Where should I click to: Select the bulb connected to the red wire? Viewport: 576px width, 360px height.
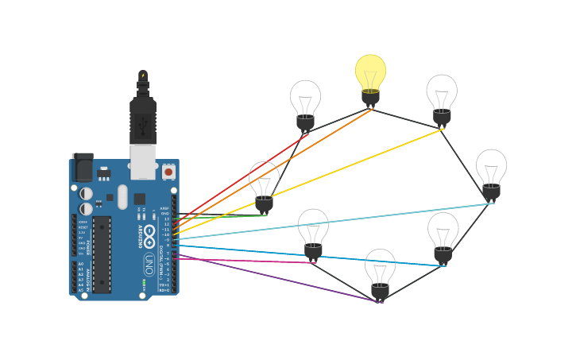(x=305, y=103)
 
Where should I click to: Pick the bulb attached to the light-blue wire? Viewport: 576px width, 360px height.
(x=491, y=172)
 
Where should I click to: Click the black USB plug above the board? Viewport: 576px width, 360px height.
(x=143, y=119)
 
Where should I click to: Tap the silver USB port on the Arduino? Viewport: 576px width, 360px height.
(x=143, y=161)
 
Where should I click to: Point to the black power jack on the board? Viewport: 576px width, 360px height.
(x=83, y=168)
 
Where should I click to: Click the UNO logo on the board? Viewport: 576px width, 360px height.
(x=149, y=263)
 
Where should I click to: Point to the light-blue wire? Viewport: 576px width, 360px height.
(x=334, y=221)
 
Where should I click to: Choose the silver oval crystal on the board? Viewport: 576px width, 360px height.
(x=122, y=196)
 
